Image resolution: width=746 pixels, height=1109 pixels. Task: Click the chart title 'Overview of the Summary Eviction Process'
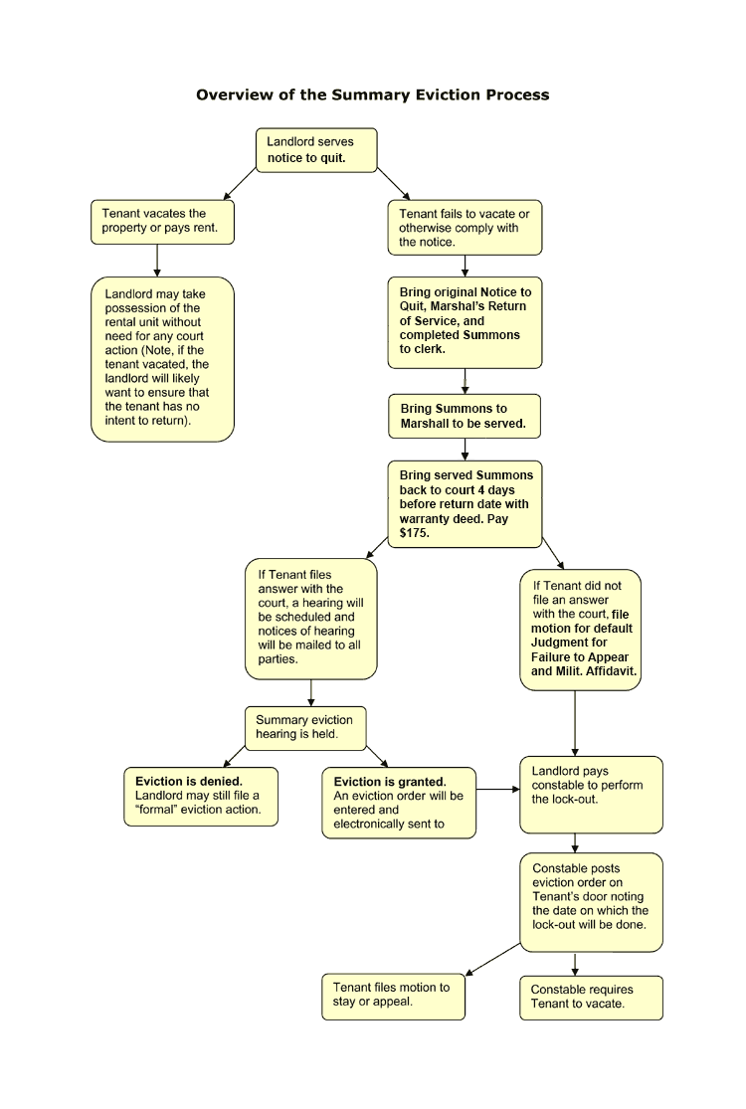pos(373,94)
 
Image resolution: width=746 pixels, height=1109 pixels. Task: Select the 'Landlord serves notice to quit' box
pos(316,150)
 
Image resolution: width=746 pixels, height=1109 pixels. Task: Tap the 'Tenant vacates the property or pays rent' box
pos(163,222)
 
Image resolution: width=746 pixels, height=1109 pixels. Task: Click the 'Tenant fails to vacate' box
pos(465,227)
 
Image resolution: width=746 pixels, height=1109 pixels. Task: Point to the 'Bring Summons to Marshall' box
pos(465,417)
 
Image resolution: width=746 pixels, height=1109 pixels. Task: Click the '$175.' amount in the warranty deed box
pos(415,533)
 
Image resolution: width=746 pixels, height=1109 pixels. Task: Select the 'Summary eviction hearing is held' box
pos(305,728)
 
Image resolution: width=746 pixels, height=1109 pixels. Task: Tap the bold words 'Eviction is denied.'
pos(189,782)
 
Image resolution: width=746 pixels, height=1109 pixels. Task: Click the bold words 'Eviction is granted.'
pos(390,782)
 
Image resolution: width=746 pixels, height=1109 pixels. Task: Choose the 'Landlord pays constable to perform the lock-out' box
pos(591,795)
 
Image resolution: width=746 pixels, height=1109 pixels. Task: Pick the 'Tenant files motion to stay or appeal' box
pos(393,998)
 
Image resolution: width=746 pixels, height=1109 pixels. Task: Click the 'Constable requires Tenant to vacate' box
pos(591,998)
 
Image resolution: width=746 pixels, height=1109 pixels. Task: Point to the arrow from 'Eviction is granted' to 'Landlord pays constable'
pos(497,790)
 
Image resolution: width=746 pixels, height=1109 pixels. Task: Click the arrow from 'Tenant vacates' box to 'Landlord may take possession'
pos(157,261)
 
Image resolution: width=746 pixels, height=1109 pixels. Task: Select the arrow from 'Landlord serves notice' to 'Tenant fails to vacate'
pos(393,184)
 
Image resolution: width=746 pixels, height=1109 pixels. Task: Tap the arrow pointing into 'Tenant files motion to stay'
pos(492,959)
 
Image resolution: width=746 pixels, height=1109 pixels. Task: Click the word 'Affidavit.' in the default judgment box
pos(611,671)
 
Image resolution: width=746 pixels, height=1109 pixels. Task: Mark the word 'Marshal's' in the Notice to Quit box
pos(464,306)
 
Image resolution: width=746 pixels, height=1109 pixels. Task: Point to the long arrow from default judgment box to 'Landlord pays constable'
pos(575,723)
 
